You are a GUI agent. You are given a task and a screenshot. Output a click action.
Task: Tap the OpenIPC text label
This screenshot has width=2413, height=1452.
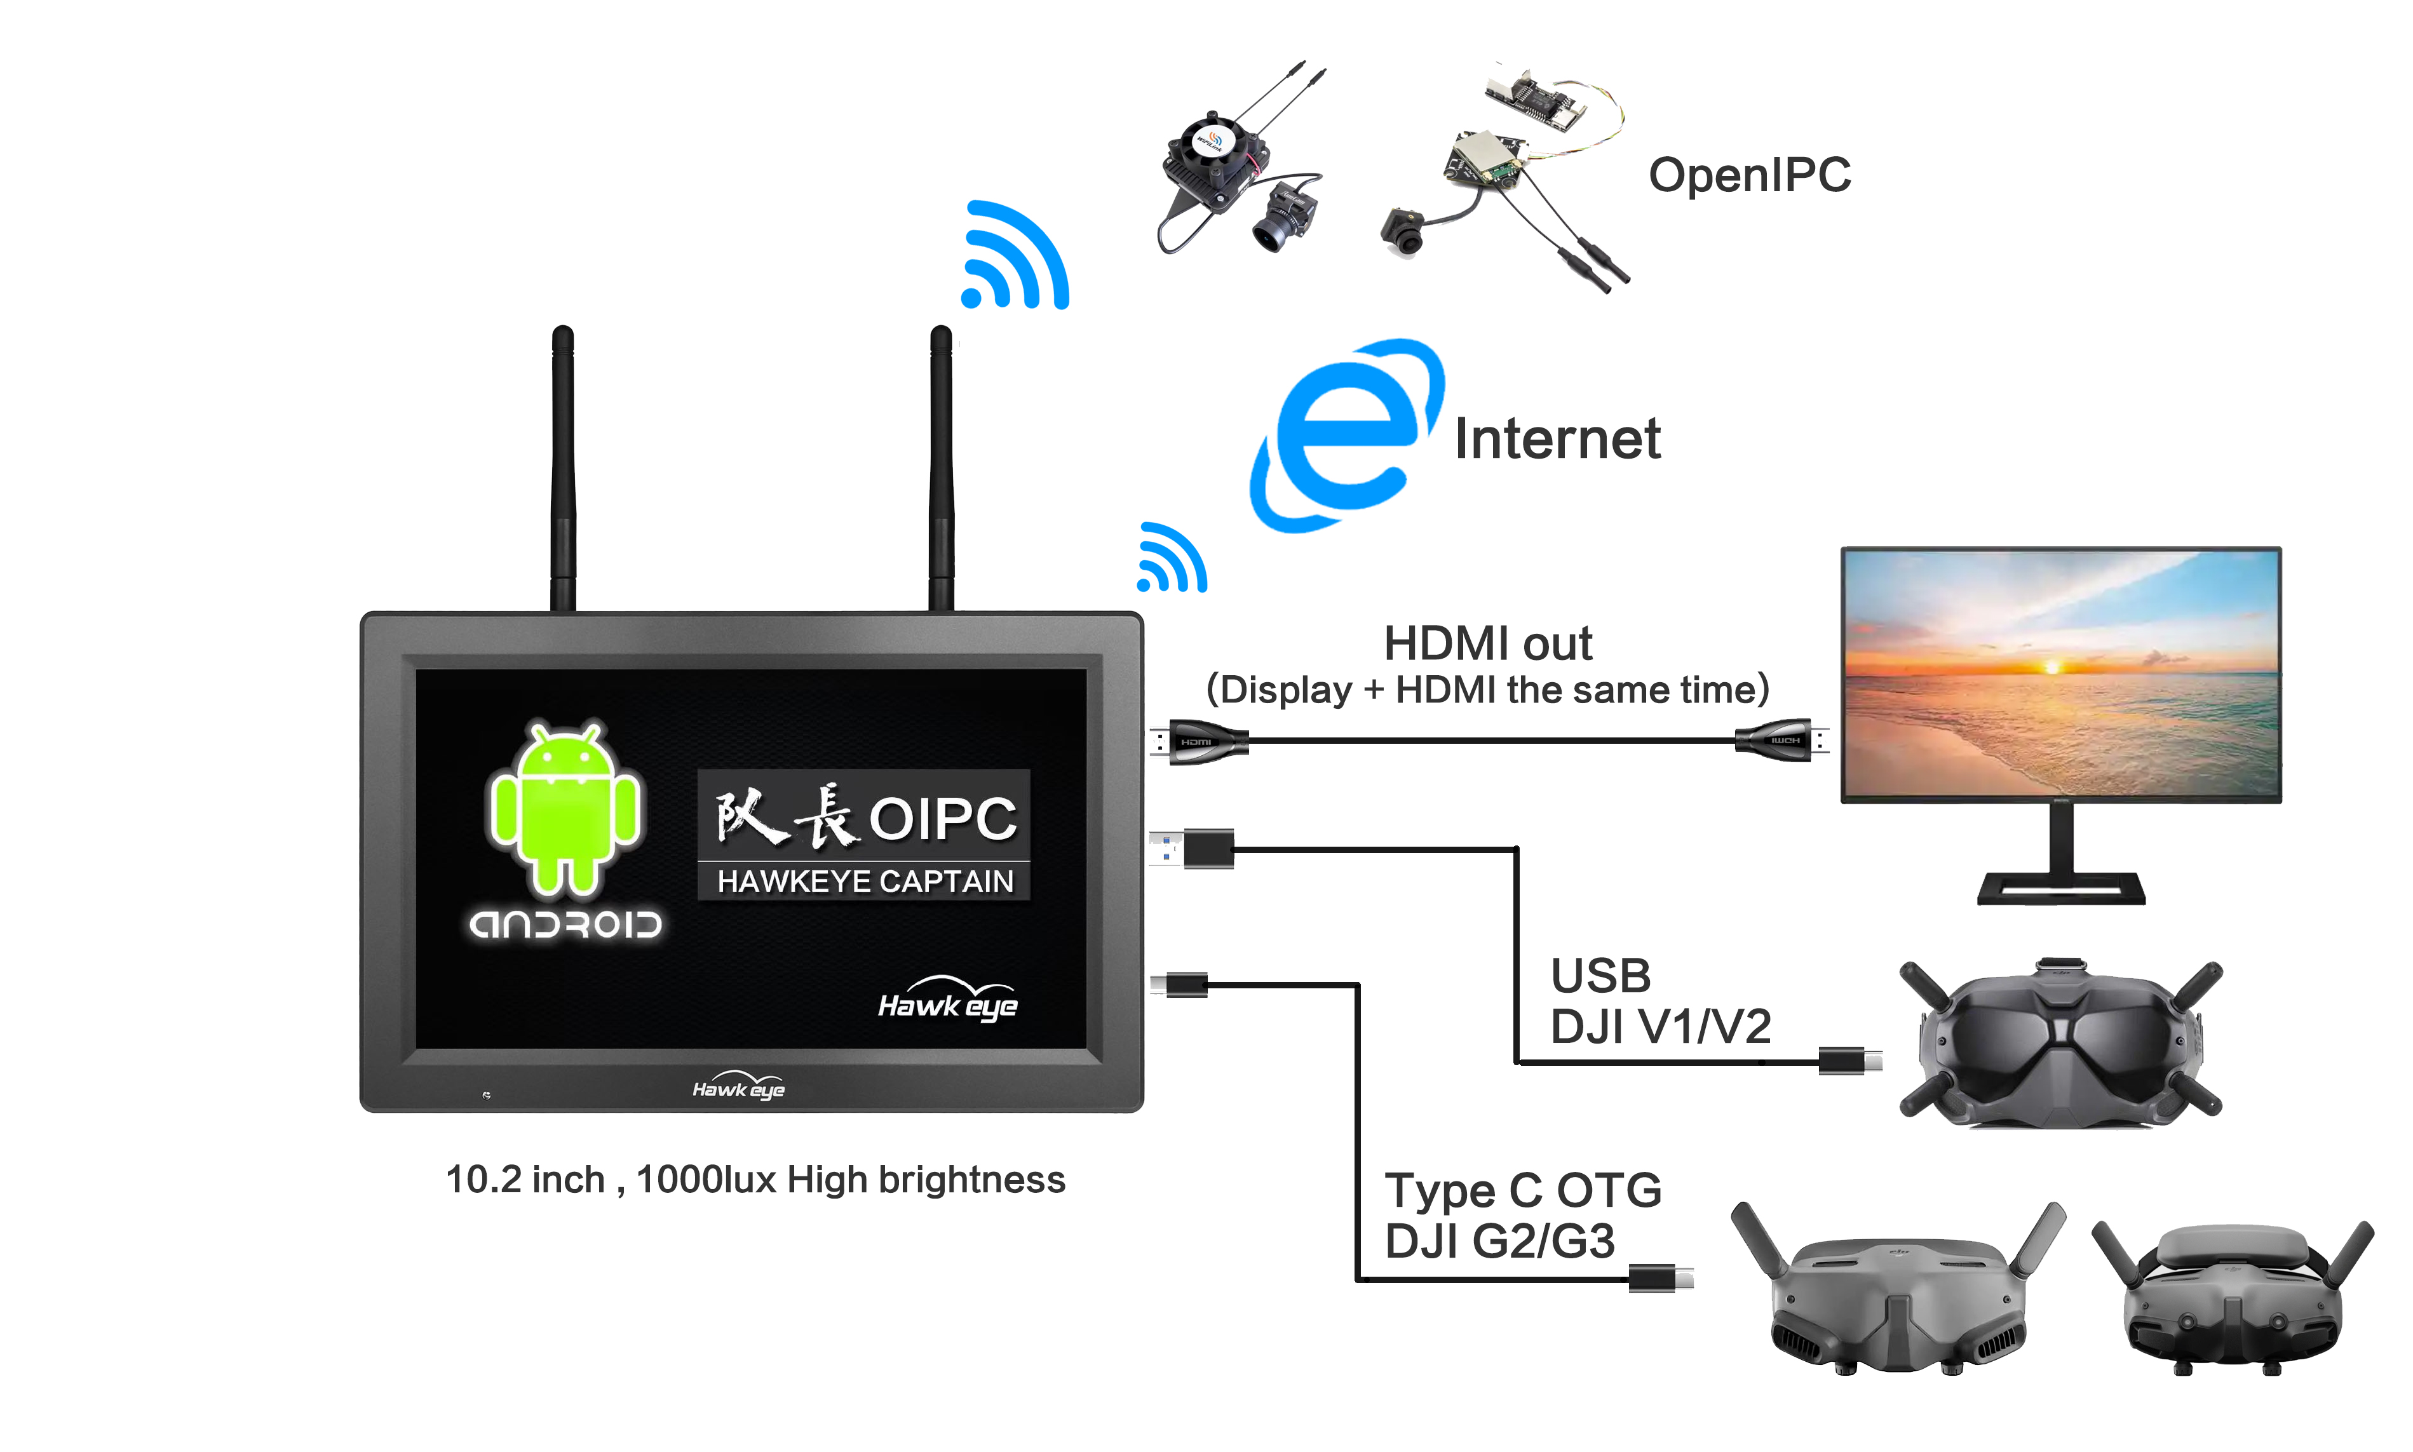point(1748,176)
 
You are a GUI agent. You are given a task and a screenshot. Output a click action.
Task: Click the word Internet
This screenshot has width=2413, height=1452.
point(1556,440)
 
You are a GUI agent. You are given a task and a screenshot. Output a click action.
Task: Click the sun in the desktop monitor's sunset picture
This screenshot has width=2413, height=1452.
point(2053,668)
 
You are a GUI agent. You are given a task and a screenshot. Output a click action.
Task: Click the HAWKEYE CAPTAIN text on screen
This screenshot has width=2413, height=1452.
point(864,882)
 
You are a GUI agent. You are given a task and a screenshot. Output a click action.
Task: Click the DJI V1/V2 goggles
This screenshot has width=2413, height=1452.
point(2060,1045)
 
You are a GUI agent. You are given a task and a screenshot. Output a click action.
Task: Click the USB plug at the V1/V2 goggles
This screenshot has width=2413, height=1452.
point(1848,1059)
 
